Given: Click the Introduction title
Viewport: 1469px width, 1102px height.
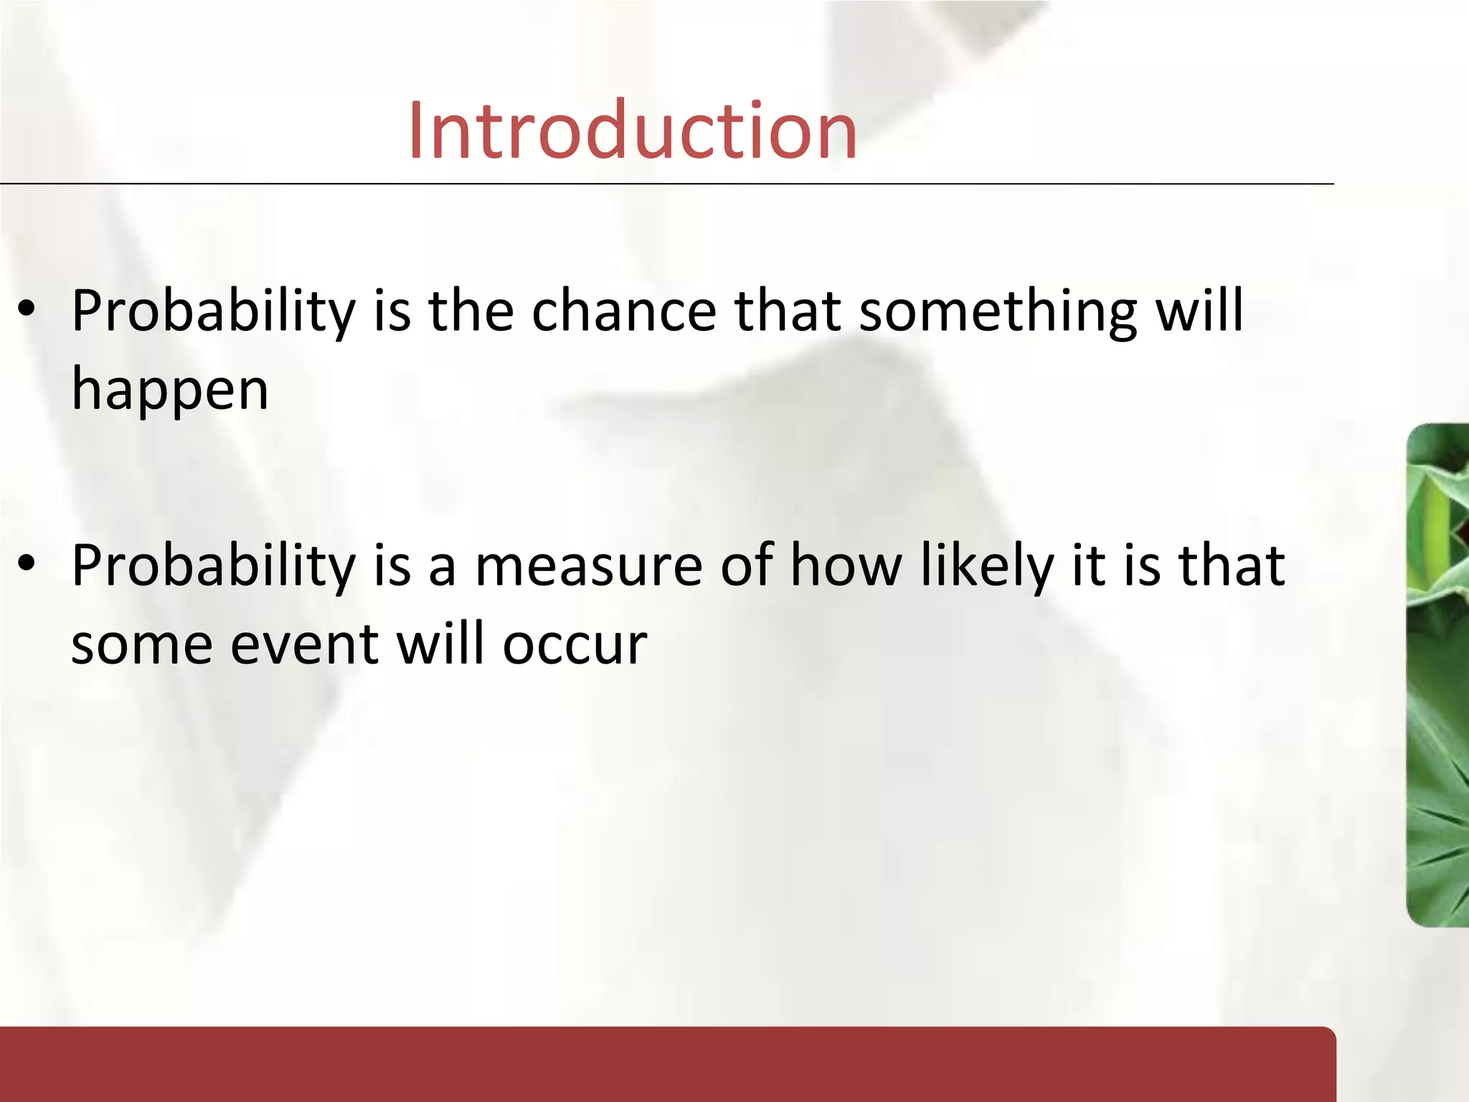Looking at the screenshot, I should (632, 131).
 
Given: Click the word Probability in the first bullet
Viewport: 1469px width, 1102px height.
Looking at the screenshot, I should (213, 311).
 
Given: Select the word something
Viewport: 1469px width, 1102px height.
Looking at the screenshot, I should (998, 311).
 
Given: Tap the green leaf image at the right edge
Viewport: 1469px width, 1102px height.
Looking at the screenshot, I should (1437, 674).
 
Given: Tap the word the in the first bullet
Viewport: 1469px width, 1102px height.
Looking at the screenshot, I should (471, 311).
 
